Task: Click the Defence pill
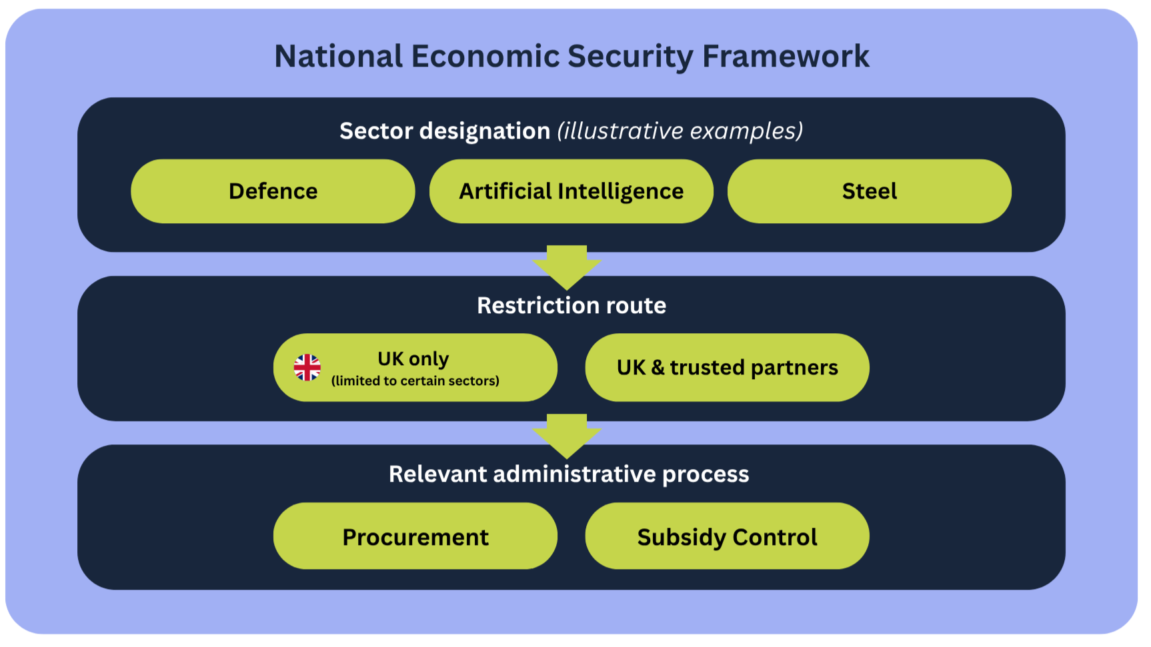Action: click(x=273, y=191)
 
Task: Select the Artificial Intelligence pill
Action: click(x=571, y=191)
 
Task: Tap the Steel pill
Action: click(x=870, y=191)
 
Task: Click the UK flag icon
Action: click(x=307, y=367)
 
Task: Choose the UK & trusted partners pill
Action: click(x=728, y=367)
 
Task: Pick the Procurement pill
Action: click(x=415, y=536)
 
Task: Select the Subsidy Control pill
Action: click(x=728, y=536)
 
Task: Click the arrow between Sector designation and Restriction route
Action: click(x=567, y=267)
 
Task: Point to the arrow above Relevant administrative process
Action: click(x=567, y=436)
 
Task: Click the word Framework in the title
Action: click(x=786, y=56)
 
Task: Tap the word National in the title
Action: click(x=339, y=56)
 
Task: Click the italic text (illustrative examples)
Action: click(x=680, y=131)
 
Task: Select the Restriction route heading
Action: click(x=571, y=305)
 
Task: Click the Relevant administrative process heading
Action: click(x=569, y=474)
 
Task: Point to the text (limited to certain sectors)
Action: click(x=415, y=380)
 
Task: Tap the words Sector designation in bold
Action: click(x=445, y=131)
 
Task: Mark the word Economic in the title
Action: click(x=485, y=56)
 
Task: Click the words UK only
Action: click(x=413, y=359)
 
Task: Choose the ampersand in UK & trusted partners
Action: click(x=658, y=367)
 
